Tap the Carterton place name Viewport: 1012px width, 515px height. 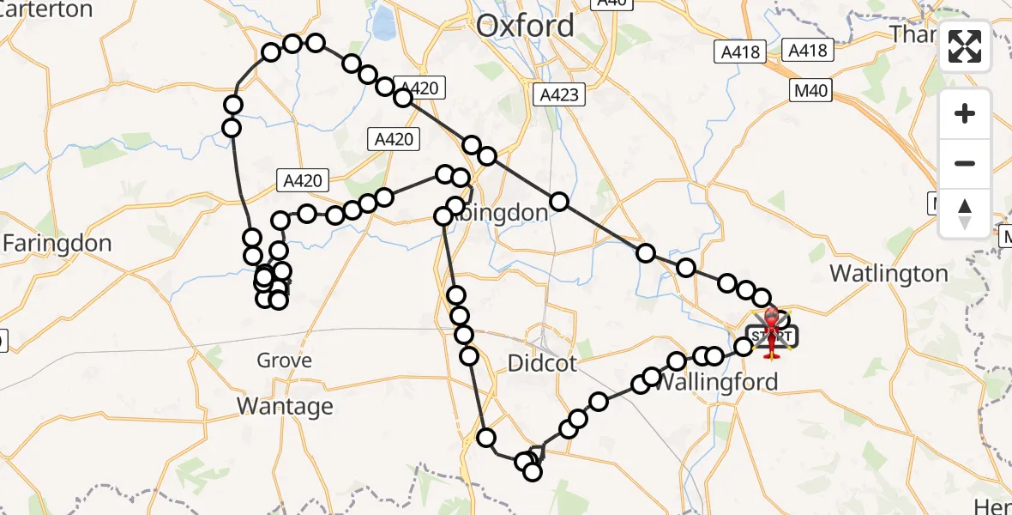tap(47, 9)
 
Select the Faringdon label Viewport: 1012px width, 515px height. tap(57, 244)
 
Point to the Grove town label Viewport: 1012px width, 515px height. tap(284, 360)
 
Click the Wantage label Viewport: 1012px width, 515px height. tap(285, 405)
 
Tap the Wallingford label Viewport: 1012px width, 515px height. tap(716, 382)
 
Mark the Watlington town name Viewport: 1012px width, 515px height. tap(889, 274)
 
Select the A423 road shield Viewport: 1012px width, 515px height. tap(558, 94)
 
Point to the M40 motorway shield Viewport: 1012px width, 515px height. tap(809, 89)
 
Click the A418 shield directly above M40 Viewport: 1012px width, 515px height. tap(808, 51)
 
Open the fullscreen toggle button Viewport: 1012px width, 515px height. tap(965, 46)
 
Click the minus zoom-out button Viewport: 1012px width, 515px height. tap(965, 163)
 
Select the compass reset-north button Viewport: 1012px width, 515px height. tap(965, 213)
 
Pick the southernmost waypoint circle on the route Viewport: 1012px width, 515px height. tap(533, 472)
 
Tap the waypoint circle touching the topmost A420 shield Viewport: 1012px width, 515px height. tap(403, 98)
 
